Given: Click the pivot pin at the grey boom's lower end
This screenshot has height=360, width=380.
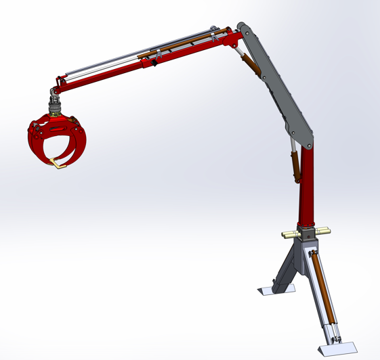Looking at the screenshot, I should [309, 144].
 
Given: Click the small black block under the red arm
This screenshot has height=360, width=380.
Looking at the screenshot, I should [155, 64].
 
